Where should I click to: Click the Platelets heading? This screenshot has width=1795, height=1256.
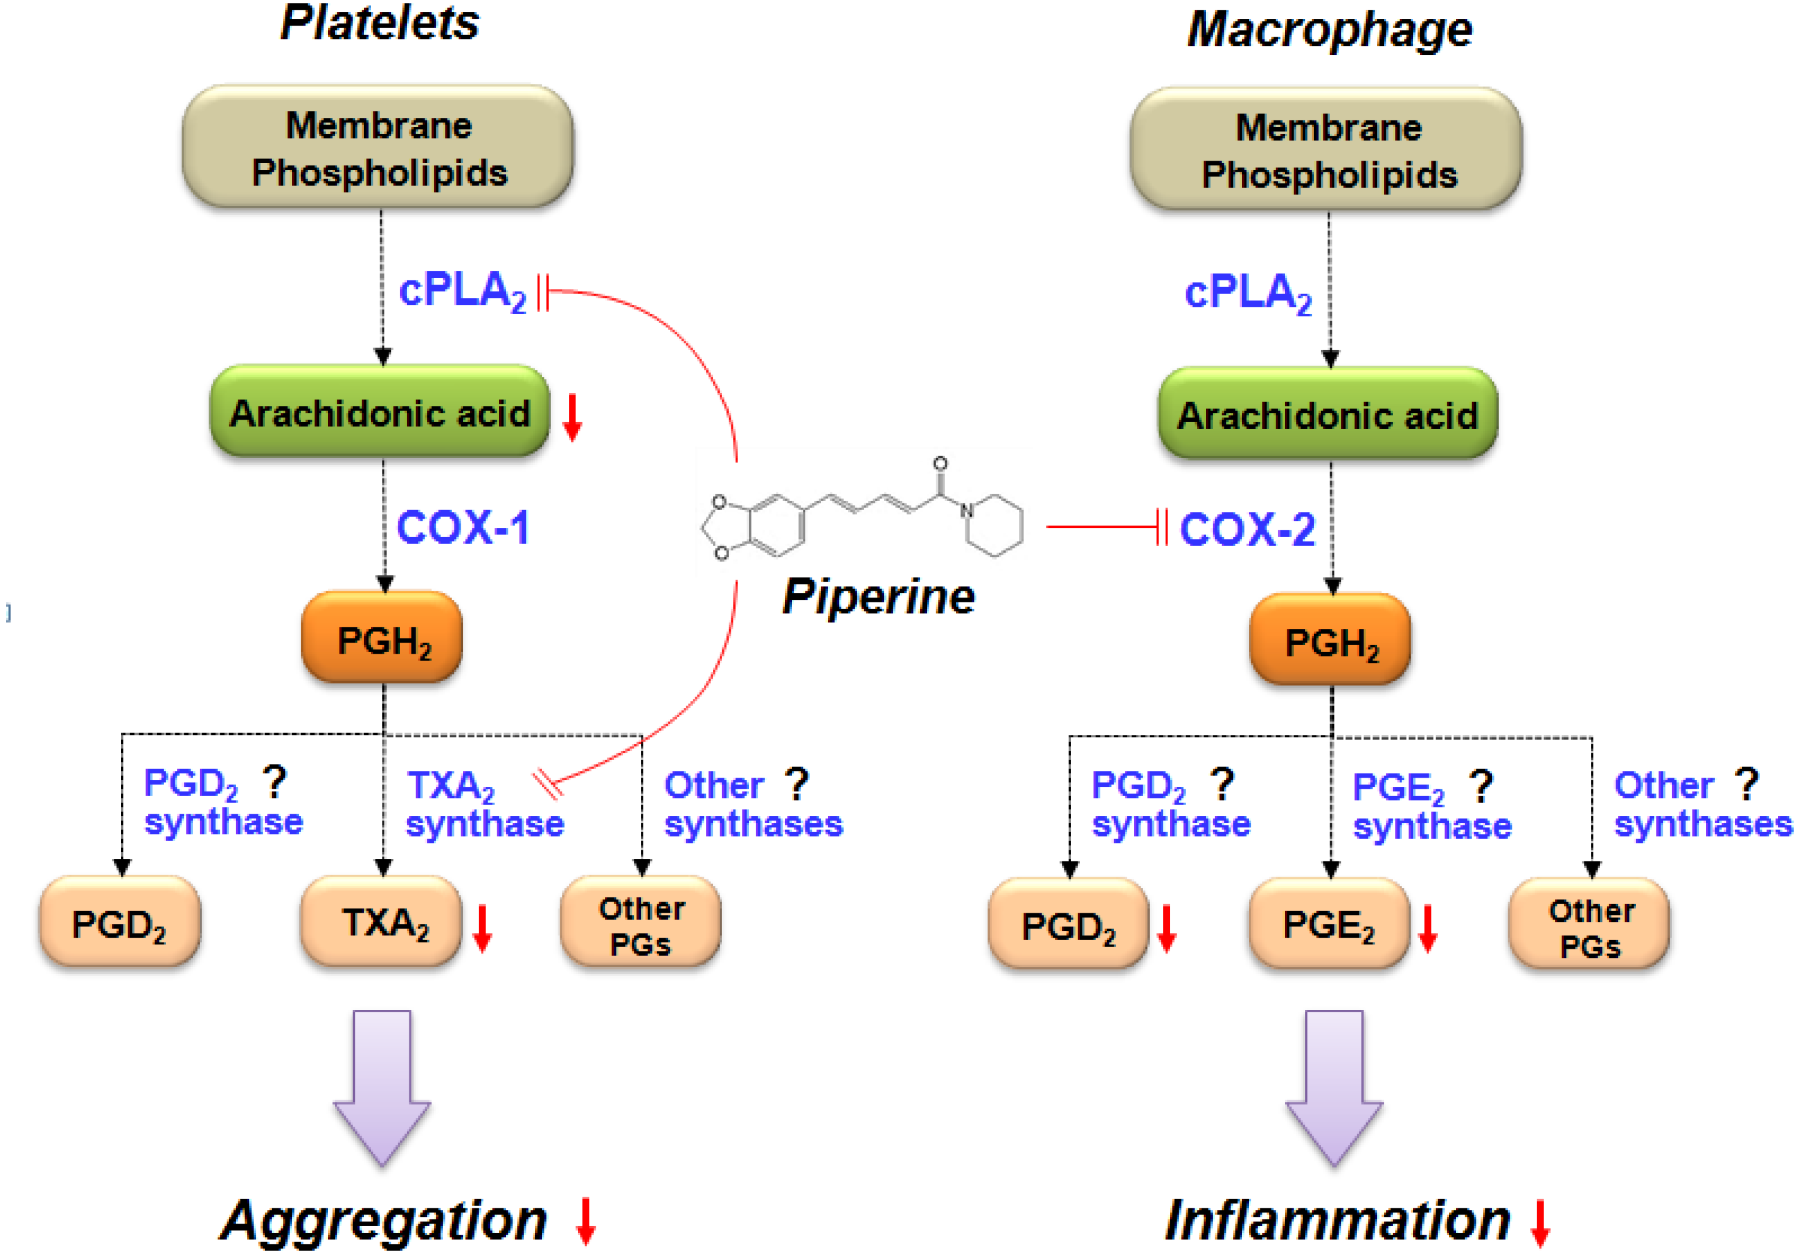point(379,23)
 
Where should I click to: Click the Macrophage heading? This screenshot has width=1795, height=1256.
point(1329,30)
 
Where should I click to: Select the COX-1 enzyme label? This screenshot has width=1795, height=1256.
point(463,528)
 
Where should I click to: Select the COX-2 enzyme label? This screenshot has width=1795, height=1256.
point(1247,529)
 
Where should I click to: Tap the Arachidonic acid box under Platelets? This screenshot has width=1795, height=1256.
point(380,412)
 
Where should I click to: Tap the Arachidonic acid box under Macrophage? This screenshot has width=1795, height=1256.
point(1328,414)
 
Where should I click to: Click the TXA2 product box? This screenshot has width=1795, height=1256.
point(381,922)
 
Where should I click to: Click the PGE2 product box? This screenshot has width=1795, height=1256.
point(1329,925)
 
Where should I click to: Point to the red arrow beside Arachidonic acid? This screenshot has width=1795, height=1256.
point(572,417)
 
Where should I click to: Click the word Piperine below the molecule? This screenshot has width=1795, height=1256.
point(878,597)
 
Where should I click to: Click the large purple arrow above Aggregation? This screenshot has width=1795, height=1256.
point(382,1086)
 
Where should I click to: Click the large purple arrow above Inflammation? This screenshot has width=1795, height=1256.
point(1334,1086)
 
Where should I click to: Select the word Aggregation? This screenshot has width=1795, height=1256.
point(383,1220)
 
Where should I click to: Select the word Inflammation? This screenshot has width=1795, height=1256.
point(1337,1220)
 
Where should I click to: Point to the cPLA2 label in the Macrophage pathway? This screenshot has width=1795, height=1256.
point(1248,293)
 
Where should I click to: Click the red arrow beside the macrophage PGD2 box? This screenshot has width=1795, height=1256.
point(1166,929)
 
